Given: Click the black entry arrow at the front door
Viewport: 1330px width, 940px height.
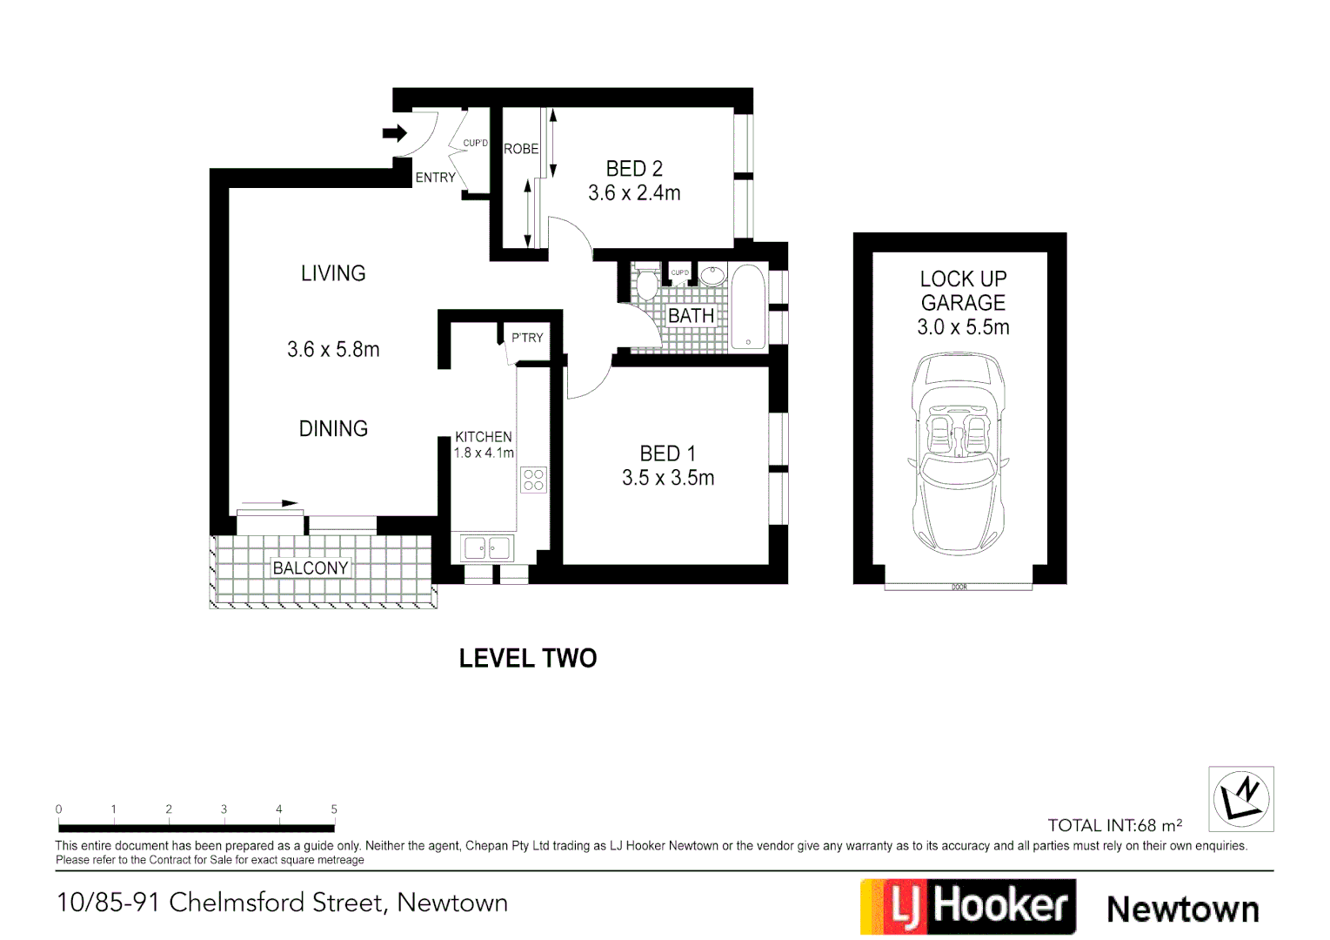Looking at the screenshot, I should point(395,133).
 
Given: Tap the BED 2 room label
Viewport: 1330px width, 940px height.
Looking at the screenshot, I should point(634,169).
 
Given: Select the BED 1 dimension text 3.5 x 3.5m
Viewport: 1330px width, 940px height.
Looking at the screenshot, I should point(668,478).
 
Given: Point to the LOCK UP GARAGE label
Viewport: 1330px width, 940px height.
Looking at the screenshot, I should point(963,291).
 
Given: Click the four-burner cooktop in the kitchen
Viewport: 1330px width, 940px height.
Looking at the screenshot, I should point(533,480).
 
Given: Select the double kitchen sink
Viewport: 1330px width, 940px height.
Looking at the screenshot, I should point(487,548).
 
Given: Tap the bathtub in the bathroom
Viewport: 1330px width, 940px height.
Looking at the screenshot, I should point(748,306).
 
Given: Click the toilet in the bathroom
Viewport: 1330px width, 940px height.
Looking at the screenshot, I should point(646,284).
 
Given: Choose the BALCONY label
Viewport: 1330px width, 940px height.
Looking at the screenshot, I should point(311,568).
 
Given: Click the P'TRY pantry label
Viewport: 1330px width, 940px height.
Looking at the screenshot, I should point(527,338).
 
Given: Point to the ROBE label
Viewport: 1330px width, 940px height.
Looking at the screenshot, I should point(521,149).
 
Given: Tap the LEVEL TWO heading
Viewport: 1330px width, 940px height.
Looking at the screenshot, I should point(528,658).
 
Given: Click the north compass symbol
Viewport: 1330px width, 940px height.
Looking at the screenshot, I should point(1241,798).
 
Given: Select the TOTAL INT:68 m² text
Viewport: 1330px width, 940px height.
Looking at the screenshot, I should point(1114,825).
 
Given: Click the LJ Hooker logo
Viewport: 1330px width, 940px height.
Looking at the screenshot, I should point(968,906).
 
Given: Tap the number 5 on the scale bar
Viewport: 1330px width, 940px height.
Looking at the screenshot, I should point(334,809).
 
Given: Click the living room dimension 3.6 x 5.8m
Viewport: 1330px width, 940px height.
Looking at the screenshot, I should point(333,350).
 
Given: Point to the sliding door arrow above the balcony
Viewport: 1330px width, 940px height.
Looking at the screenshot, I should point(269,503).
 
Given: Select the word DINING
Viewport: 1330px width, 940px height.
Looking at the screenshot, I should point(333,428).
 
